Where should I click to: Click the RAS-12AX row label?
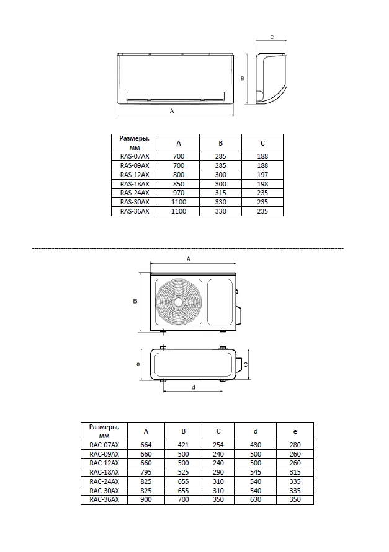135,175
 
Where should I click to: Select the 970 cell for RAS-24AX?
179,193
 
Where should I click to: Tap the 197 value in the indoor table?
262,175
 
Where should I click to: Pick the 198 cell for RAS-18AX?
262,184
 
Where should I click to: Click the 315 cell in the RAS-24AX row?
221,193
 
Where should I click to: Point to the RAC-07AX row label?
104,445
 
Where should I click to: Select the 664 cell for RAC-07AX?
146,445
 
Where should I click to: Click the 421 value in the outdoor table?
184,445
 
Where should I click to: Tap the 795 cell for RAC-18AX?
146,472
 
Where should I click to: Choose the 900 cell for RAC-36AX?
146,499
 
